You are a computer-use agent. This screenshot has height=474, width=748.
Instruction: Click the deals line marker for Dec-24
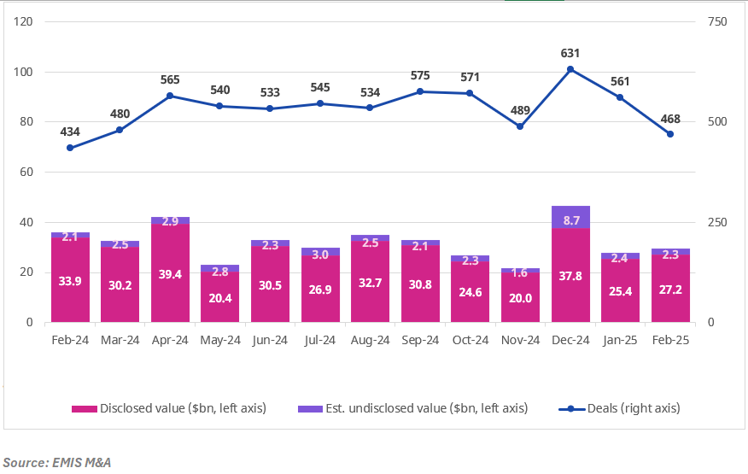570,69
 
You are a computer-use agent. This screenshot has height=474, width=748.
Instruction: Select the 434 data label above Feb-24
70,132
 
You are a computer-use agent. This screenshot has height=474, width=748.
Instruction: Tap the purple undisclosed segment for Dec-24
570,217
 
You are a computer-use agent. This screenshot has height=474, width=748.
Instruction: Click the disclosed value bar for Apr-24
170,273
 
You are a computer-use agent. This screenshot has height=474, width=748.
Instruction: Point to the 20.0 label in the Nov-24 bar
520,298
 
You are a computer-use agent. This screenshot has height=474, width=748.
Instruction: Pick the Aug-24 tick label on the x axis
370,339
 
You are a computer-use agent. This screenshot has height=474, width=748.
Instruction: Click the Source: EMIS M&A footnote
56,462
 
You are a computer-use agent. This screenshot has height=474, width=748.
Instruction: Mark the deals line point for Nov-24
520,126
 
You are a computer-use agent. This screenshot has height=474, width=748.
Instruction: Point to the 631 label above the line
570,53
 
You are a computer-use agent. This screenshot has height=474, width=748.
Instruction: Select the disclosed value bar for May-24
220,298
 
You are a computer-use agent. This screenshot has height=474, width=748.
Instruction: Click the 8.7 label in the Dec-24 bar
570,219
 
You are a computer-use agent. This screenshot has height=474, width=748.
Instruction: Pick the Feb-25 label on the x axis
670,339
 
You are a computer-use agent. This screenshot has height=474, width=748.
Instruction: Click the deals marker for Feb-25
670,134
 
